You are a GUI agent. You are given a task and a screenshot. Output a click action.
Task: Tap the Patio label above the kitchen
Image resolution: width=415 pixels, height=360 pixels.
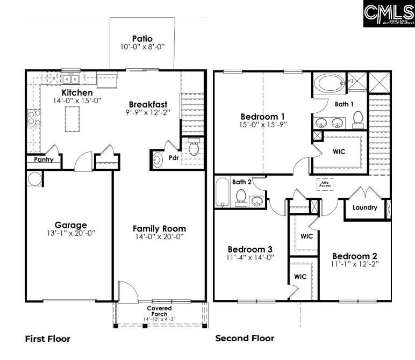tap(142, 39)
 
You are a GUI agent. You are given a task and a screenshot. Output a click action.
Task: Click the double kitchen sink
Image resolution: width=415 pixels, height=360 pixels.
tap(71, 80)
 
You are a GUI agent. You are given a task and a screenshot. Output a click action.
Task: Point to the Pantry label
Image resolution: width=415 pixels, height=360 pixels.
tap(44, 160)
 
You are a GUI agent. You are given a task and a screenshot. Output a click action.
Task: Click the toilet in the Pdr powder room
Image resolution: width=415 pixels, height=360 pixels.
tap(194, 147)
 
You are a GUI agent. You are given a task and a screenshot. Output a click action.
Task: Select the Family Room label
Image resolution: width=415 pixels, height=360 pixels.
tap(159, 228)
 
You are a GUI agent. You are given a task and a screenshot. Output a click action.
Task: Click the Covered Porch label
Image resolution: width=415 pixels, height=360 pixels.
tap(160, 311)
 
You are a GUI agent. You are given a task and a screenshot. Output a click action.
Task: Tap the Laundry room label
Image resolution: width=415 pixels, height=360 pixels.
tap(364, 207)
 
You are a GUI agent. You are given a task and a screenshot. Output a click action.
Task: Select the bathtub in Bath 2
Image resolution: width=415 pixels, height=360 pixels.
tap(221, 193)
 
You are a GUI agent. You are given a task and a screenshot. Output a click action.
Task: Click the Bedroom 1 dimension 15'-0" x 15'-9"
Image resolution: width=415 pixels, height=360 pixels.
tap(262, 125)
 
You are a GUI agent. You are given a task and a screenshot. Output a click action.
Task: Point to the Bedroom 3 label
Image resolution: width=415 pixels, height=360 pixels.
tap(250, 249)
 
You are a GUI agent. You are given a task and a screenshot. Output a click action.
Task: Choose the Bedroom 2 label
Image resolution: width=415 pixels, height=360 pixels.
tap(354, 256)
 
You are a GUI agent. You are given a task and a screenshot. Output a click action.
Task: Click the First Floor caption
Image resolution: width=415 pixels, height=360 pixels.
tap(47, 339)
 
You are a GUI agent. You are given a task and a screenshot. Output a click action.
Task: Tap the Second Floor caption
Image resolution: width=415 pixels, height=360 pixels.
tap(245, 338)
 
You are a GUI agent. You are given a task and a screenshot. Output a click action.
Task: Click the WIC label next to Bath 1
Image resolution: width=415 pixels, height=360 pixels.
tap(339, 152)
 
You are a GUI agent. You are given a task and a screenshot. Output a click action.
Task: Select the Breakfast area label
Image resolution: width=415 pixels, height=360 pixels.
tap(148, 104)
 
